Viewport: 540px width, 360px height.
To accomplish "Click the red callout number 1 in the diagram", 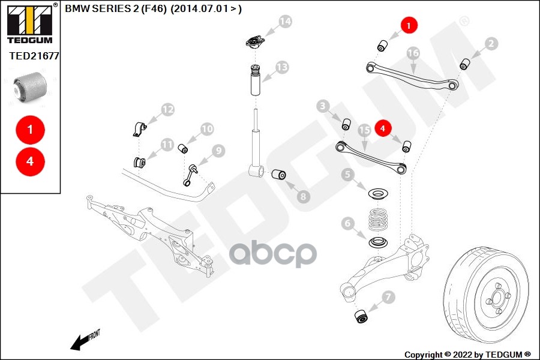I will [409, 26].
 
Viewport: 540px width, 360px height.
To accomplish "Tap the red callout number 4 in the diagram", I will [383, 127].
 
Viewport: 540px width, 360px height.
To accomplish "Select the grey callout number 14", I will [284, 22].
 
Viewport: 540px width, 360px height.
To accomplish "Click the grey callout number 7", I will [388, 296].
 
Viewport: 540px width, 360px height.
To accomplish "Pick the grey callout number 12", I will [167, 110].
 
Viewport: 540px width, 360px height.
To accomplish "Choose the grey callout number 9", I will [217, 151].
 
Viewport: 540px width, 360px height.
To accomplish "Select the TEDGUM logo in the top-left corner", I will [29, 23].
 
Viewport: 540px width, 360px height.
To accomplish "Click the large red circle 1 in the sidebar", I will [30, 129].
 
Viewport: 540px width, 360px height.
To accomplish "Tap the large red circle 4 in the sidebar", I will [30, 161].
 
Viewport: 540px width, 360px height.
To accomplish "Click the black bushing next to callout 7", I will [362, 316].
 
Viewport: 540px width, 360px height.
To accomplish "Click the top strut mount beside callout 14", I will [254, 43].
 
